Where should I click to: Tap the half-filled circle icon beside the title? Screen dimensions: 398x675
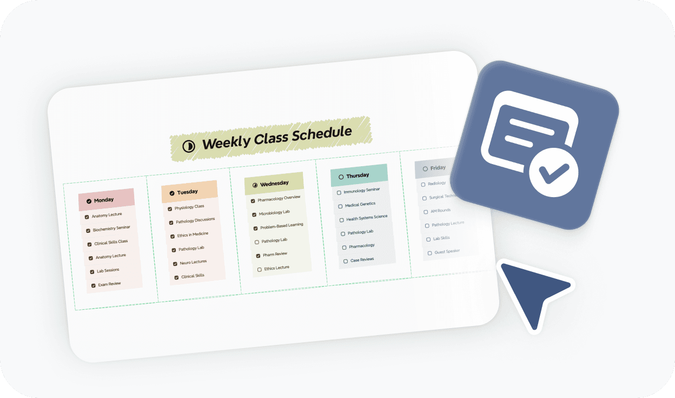[188, 146]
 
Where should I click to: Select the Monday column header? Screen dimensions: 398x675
[106, 200]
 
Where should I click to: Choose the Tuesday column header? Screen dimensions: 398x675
[189, 192]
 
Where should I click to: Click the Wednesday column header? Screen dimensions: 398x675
[274, 184]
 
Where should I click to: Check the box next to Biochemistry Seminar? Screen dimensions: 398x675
[88, 231]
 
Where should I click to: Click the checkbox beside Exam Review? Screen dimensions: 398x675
[93, 285]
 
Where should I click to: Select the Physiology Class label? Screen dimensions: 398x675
[189, 207]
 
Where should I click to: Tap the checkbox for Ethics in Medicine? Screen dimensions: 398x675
[173, 237]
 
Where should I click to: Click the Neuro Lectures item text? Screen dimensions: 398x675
[193, 262]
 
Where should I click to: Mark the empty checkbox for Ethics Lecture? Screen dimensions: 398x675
[260, 269]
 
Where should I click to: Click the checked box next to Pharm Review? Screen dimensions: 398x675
[258, 256]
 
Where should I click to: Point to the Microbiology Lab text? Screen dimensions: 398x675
[274, 212]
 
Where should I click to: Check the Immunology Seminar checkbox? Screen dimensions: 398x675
[339, 192]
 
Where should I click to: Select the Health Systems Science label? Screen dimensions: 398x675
[367, 218]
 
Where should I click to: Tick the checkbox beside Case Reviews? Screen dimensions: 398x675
[346, 261]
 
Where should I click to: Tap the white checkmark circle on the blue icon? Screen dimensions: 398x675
[553, 174]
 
